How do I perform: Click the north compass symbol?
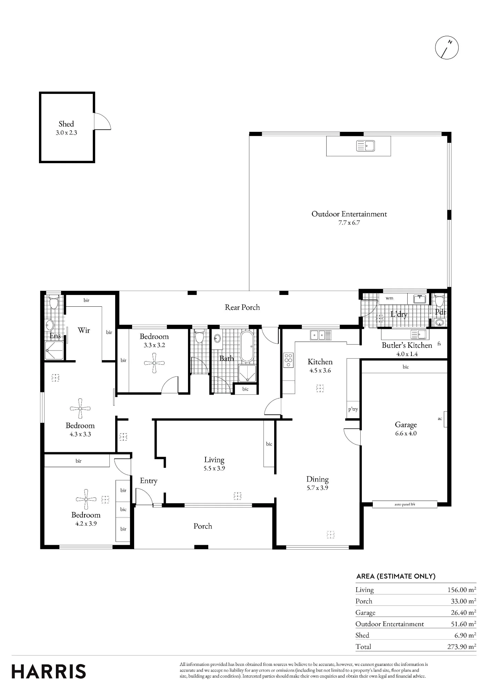447,47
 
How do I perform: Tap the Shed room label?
66,124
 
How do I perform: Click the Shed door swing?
103,121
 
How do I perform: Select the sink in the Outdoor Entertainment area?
366,146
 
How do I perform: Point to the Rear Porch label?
242,307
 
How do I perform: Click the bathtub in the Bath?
247,346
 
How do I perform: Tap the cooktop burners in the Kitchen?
289,360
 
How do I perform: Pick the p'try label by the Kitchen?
353,409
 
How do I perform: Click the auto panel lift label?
405,504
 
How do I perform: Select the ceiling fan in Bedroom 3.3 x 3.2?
154,363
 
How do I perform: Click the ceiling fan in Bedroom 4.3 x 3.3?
80,408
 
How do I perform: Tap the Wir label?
84,330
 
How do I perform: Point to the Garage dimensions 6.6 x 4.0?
406,433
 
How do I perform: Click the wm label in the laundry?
389,298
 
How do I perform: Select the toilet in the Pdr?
439,301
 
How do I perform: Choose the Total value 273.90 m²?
462,646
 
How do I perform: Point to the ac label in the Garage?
440,418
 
